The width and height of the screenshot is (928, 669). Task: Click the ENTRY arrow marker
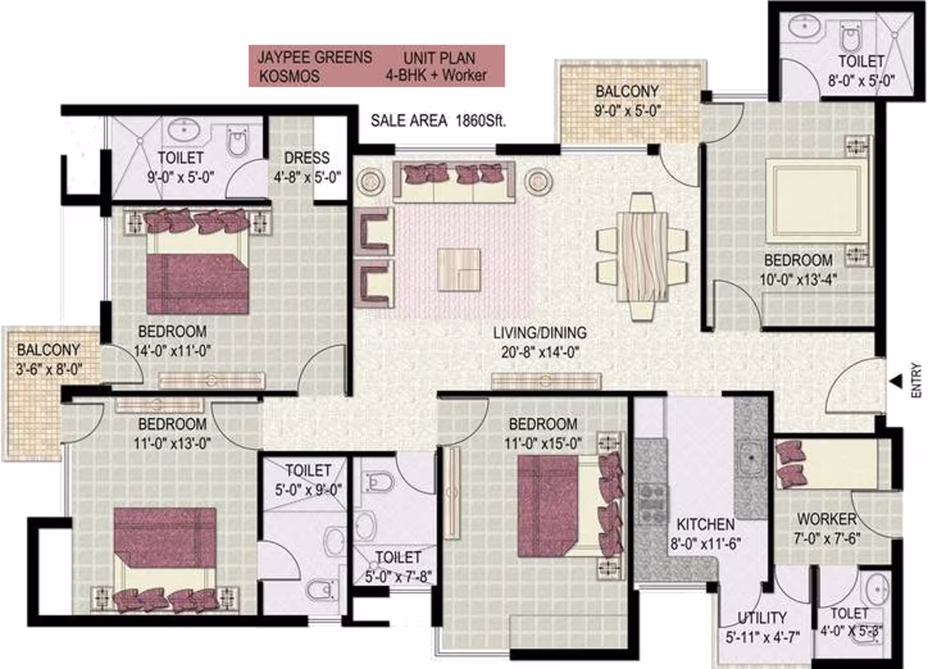[896, 382]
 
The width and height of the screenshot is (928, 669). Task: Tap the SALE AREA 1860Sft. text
[438, 121]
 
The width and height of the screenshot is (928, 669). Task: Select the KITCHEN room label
[706, 524]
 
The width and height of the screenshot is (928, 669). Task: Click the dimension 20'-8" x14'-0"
[540, 352]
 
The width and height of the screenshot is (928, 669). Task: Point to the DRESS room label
[306, 158]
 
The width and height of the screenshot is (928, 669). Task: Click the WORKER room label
[826, 519]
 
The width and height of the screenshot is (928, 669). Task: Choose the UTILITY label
[762, 618]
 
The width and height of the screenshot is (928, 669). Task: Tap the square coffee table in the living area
[458, 270]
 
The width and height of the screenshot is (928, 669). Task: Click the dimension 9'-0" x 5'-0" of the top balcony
[627, 110]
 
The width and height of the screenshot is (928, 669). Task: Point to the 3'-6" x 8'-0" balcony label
[49, 370]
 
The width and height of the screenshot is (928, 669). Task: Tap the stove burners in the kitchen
[652, 504]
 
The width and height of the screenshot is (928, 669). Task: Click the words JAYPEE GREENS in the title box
[314, 58]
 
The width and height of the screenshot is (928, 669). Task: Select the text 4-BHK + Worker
[436, 75]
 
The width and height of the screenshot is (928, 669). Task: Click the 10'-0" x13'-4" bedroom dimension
[798, 278]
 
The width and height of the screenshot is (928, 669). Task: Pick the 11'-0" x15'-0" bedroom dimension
[542, 443]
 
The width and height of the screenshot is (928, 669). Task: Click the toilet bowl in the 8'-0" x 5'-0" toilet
[850, 38]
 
